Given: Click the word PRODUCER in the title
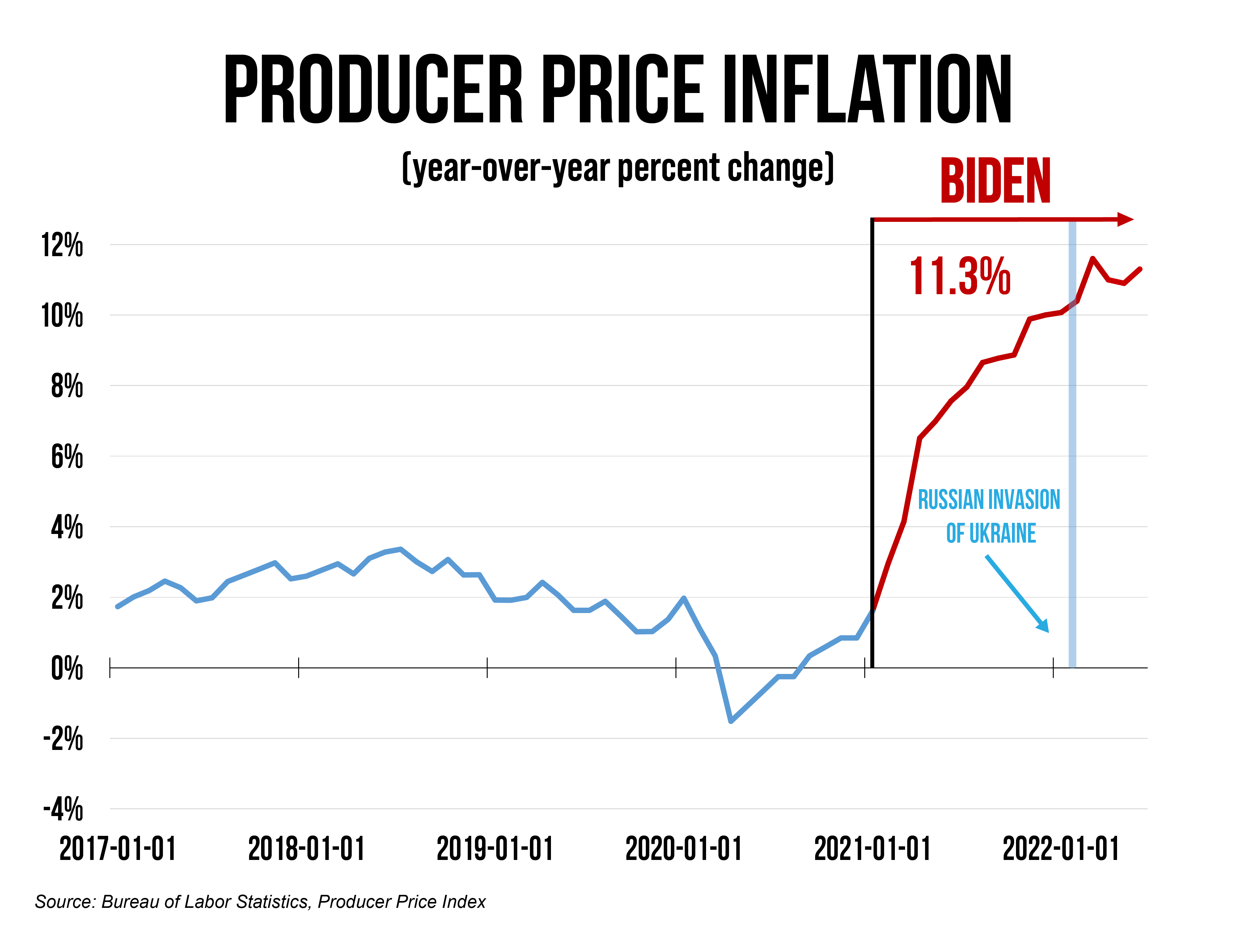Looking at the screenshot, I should [373, 89].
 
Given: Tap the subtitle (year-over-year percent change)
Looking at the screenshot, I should [617, 167].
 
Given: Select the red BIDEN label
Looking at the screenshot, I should [995, 182].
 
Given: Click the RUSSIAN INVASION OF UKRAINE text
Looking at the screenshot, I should [989, 516].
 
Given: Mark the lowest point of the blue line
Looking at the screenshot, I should [731, 721].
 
